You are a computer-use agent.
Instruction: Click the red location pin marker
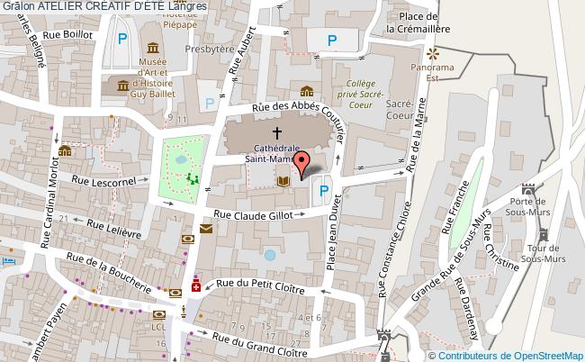pyautogui.click(x=302, y=160)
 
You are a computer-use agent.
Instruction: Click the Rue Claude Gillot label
pyautogui.click(x=255, y=215)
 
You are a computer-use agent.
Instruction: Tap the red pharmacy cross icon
pyautogui.click(x=195, y=287)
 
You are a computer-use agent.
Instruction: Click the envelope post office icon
pyautogui.click(x=206, y=229)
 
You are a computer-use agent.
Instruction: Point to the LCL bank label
pyautogui.click(x=158, y=326)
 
